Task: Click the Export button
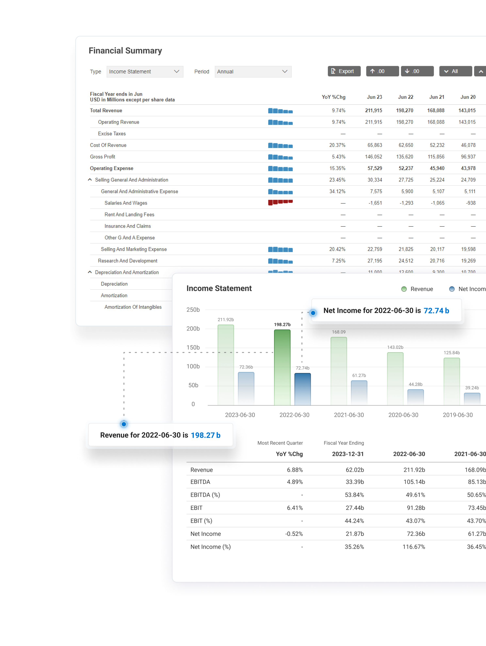pyautogui.click(x=344, y=71)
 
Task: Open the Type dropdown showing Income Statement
pyautogui.click(x=145, y=72)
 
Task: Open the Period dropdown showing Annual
pyautogui.click(x=253, y=72)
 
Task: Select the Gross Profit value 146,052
pyautogui.click(x=373, y=157)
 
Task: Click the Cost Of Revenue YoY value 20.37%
pyautogui.click(x=337, y=145)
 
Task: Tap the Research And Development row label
pyautogui.click(x=128, y=261)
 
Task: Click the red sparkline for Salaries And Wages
pyautogui.click(x=280, y=202)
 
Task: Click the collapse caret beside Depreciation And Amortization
pyautogui.click(x=90, y=272)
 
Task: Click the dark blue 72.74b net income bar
pyautogui.click(x=302, y=389)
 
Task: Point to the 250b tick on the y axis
pyautogui.click(x=193, y=310)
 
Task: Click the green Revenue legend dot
pyautogui.click(x=404, y=289)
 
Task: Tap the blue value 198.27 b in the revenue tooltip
pyautogui.click(x=206, y=435)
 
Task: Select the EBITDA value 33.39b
pyautogui.click(x=355, y=482)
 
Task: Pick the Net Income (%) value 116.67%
pyautogui.click(x=414, y=547)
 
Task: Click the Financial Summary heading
pyautogui.click(x=125, y=50)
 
